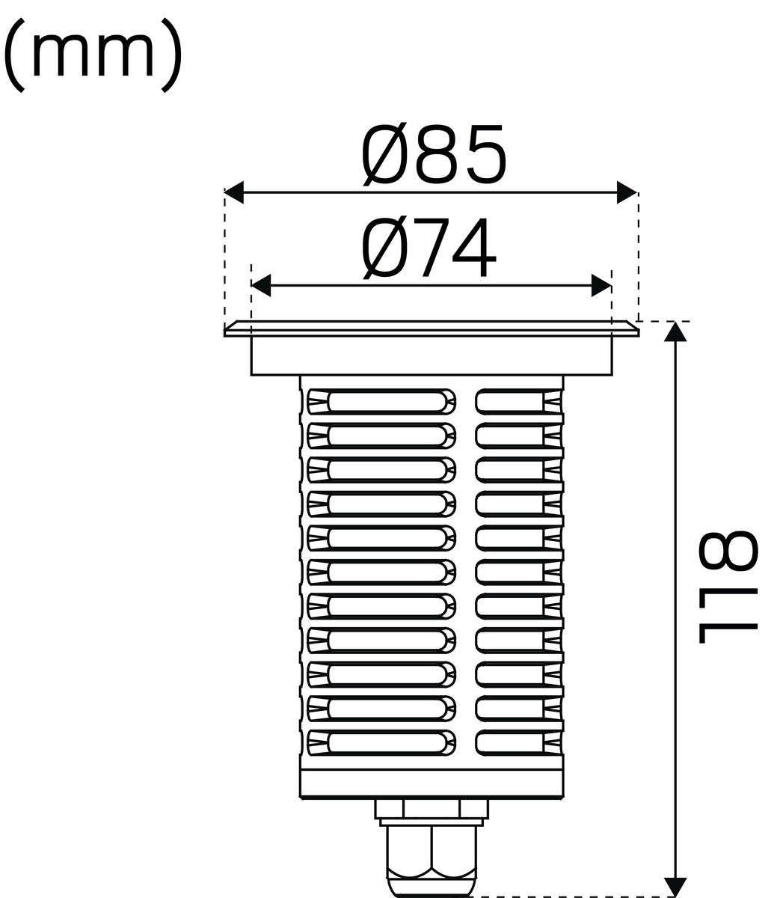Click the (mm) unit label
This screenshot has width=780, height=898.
pyautogui.click(x=93, y=54)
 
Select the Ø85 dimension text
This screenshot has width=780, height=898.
pyautogui.click(x=434, y=154)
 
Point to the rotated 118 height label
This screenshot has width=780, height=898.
pyautogui.click(x=728, y=587)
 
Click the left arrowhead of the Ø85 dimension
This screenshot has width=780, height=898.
pyautogui.click(x=233, y=192)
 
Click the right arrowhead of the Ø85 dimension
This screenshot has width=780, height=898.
pyautogui.click(x=627, y=192)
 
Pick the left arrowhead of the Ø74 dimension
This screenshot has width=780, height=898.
pyautogui.click(x=261, y=286)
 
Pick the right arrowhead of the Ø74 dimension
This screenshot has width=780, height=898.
pyautogui.click(x=601, y=286)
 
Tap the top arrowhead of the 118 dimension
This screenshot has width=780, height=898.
pyautogui.click(x=675, y=332)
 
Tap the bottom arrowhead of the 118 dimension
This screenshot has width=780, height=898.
pyautogui.click(x=675, y=887)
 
